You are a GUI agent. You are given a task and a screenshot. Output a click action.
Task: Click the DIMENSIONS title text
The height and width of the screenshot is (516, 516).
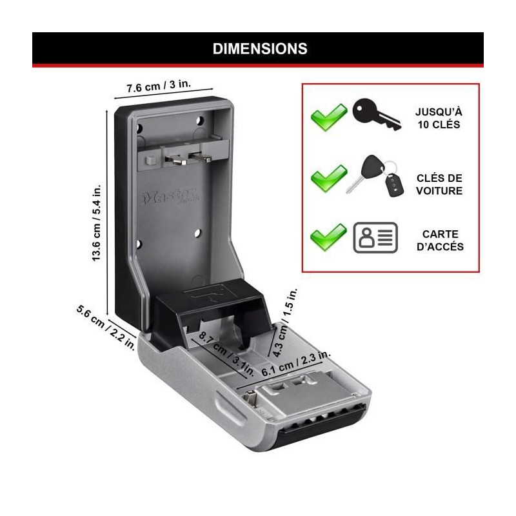260,49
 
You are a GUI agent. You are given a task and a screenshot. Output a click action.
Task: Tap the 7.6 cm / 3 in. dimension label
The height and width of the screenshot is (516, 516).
159,86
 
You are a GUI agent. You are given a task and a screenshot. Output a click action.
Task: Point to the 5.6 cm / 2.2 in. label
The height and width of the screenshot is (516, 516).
106,328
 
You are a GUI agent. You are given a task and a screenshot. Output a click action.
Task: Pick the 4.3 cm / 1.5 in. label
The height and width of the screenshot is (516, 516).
285,322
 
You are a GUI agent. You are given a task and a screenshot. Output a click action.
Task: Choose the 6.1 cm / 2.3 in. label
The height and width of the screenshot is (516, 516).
296,364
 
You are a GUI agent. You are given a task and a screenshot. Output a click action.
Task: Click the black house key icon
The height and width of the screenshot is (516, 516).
377,114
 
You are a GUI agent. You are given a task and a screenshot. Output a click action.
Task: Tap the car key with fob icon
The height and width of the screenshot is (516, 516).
375,176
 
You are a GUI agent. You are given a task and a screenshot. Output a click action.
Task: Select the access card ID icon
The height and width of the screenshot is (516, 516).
375,237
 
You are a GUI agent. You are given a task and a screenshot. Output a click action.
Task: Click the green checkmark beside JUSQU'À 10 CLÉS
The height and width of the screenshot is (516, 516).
329,117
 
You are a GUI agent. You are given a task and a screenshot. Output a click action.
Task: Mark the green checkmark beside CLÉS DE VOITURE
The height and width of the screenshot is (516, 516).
329,178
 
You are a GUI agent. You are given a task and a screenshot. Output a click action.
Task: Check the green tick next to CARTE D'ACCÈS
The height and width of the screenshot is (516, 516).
328,237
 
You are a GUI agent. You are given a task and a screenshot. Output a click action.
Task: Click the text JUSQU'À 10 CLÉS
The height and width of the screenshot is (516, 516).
439,118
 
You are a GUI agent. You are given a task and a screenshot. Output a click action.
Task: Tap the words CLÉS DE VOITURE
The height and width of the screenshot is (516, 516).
439,184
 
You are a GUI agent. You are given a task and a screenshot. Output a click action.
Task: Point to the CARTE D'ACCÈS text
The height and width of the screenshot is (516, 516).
440,240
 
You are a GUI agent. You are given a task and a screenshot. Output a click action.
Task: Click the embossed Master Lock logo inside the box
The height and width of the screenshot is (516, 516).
171,197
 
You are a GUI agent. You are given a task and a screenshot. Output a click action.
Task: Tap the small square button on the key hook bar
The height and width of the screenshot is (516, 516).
151,160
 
